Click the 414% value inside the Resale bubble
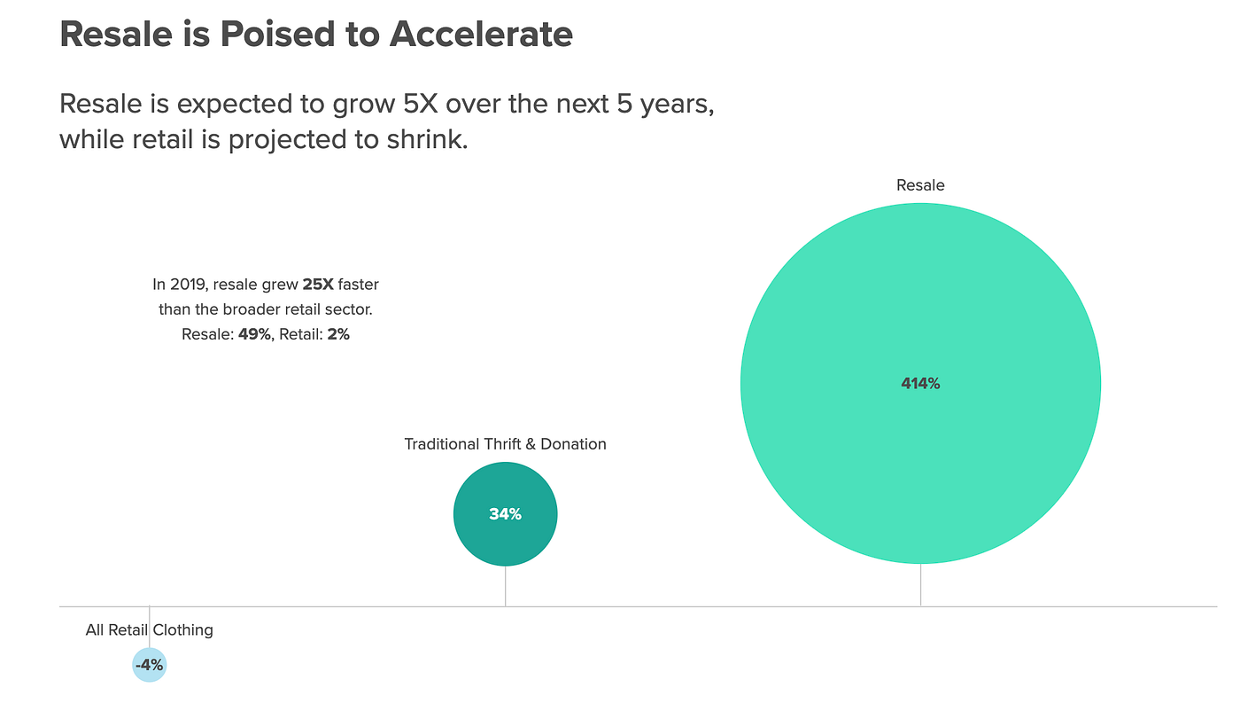pyautogui.click(x=920, y=384)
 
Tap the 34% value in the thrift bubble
pyautogui.click(x=505, y=514)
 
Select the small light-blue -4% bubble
pyautogui.click(x=150, y=664)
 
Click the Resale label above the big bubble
pyautogui.click(x=920, y=185)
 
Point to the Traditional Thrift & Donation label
pyautogui.click(x=505, y=444)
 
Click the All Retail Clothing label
pyautogui.click(x=150, y=630)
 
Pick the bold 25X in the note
pyautogui.click(x=318, y=285)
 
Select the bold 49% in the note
pyautogui.click(x=254, y=334)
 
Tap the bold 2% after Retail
pyautogui.click(x=338, y=334)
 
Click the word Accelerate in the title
pyautogui.click(x=481, y=35)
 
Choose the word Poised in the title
pyautogui.click(x=278, y=35)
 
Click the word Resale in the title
pyautogui.click(x=116, y=35)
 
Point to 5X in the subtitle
pyautogui.click(x=421, y=104)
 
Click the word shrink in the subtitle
pyautogui.click(x=427, y=139)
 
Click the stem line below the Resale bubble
pyautogui.click(x=920, y=584)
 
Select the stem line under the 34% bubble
pyautogui.click(x=506, y=586)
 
